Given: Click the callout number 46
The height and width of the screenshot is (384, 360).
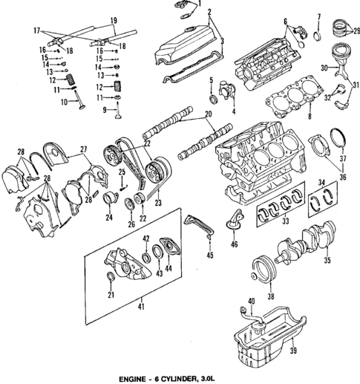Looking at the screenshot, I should pyautogui.click(x=234, y=243).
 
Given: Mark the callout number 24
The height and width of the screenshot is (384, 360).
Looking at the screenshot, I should pyautogui.click(x=108, y=218).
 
